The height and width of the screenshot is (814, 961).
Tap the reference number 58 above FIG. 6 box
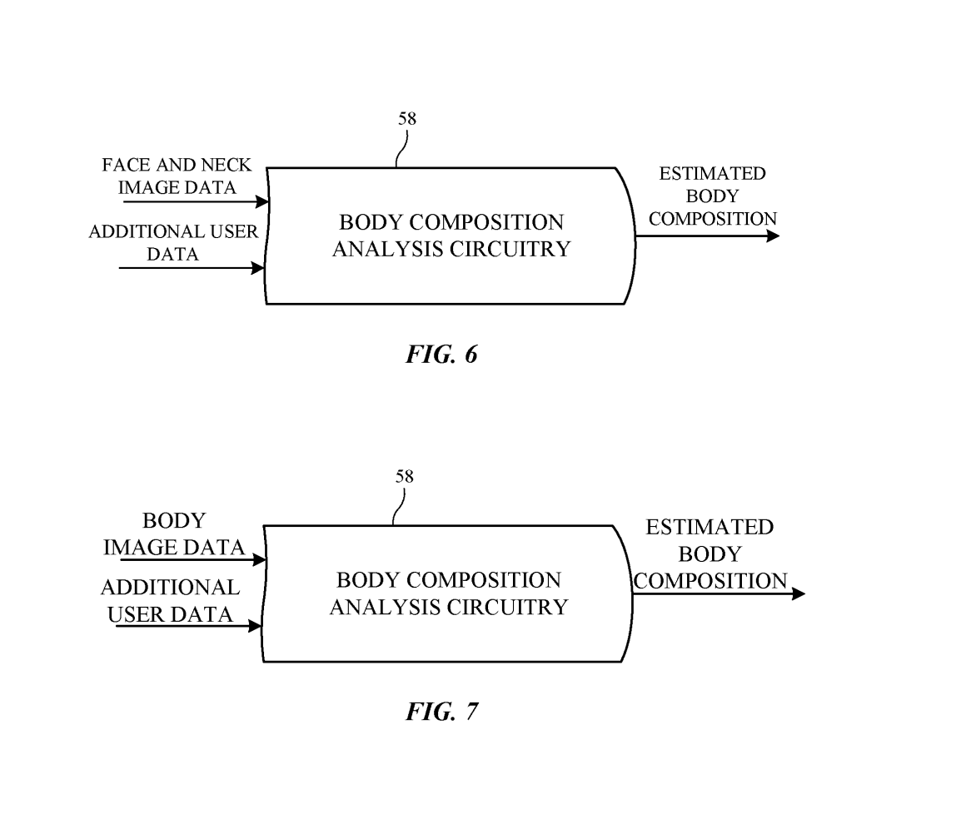(406, 118)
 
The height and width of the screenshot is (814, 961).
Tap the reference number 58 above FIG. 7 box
(404, 477)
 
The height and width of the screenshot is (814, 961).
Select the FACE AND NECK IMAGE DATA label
(177, 176)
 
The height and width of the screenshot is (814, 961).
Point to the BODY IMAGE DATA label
(174, 534)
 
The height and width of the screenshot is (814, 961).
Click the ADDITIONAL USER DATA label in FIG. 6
(173, 243)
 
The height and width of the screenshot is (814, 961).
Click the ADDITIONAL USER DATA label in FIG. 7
(171, 601)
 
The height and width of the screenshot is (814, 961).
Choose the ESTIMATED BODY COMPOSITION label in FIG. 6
(712, 196)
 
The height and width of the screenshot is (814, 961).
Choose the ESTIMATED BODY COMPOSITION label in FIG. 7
(710, 553)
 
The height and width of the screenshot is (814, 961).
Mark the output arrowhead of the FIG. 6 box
(773, 236)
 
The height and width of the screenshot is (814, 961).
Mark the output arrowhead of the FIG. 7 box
(799, 593)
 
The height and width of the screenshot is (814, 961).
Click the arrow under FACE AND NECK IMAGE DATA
(195, 201)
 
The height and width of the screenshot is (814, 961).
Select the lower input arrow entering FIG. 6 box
(192, 268)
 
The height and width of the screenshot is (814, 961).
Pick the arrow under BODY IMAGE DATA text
(192, 560)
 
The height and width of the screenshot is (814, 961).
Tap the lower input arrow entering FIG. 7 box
(189, 626)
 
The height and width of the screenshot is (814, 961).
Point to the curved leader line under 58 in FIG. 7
(399, 507)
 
